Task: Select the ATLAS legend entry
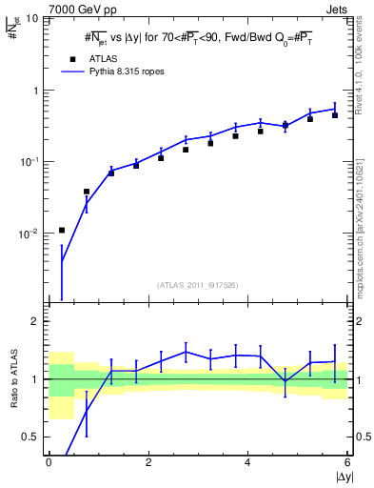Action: (x=89, y=57)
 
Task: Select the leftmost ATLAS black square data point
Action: (x=62, y=230)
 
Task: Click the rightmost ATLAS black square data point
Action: (x=335, y=115)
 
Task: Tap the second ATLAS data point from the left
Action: (x=87, y=192)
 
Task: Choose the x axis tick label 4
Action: (x=247, y=462)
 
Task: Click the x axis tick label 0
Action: (x=49, y=462)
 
